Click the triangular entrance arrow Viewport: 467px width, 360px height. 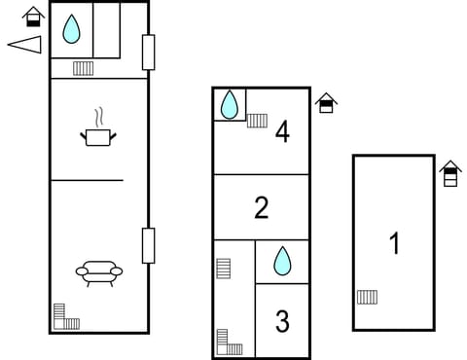click(x=25, y=44)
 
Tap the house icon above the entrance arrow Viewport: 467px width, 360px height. click(x=34, y=17)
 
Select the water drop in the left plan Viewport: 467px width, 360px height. click(x=71, y=29)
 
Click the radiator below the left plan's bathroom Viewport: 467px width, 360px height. click(x=83, y=68)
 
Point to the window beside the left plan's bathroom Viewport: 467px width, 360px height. click(x=148, y=52)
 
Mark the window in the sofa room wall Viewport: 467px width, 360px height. click(x=148, y=245)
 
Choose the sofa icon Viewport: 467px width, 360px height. click(x=98, y=271)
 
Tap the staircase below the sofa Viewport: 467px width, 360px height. click(x=65, y=317)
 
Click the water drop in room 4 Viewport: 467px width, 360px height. click(x=230, y=104)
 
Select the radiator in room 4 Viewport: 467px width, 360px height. click(x=257, y=121)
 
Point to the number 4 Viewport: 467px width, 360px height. click(x=282, y=131)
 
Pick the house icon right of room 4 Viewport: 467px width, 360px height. click(x=326, y=103)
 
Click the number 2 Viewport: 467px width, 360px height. click(x=261, y=207)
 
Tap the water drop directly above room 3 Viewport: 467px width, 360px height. click(x=282, y=260)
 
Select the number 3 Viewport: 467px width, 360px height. click(x=282, y=321)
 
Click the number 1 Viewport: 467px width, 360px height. click(x=394, y=243)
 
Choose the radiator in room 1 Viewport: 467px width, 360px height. click(x=367, y=297)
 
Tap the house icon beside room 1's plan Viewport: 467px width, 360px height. click(x=449, y=173)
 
